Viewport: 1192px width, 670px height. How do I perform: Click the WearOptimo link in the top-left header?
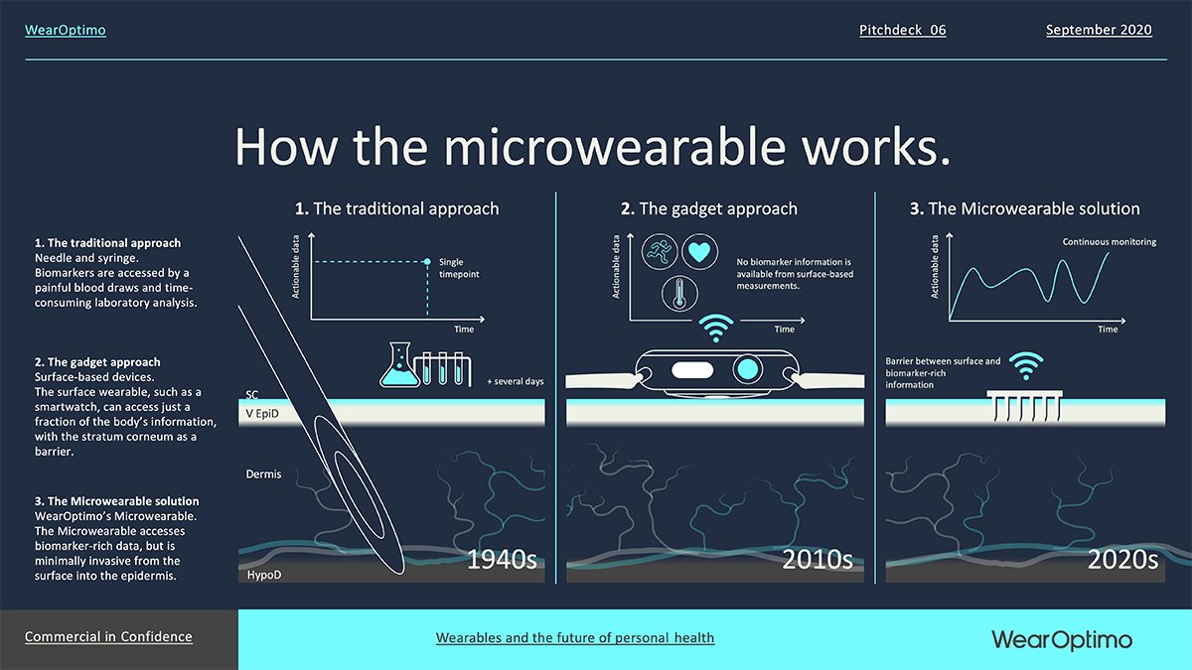65,30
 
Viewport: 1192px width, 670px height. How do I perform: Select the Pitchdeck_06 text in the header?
903,30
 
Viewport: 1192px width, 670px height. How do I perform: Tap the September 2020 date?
1099,30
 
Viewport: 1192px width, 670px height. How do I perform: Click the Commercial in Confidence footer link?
108,636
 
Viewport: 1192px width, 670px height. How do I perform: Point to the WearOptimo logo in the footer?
1062,639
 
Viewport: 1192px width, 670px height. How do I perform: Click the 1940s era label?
502,560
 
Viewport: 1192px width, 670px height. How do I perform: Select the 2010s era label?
818,560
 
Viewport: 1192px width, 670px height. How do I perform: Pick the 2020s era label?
1122,560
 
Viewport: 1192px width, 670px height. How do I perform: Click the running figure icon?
660,251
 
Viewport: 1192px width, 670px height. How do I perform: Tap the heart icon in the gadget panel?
699,251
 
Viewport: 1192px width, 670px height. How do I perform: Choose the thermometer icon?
679,294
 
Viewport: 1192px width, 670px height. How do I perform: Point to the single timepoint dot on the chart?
427,262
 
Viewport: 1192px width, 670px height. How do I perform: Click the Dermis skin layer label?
263,473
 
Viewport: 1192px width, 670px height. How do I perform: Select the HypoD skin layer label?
264,575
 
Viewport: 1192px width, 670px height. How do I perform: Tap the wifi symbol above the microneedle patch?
1026,366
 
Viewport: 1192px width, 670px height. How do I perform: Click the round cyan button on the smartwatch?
748,369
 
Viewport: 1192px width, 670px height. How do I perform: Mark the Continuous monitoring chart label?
1110,242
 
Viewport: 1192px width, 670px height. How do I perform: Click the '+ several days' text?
516,381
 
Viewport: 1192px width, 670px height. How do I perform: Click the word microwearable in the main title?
615,147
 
